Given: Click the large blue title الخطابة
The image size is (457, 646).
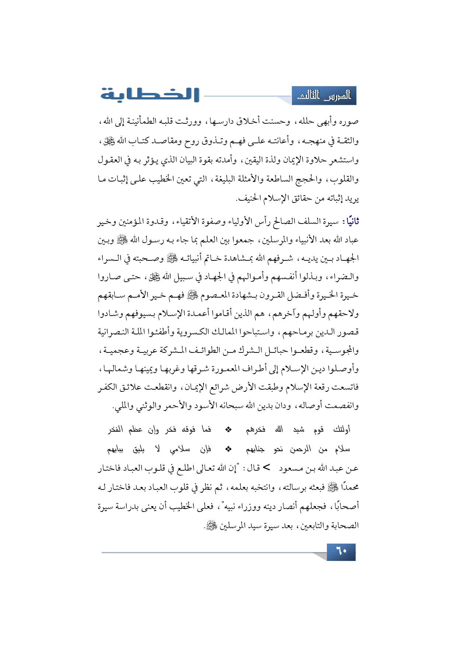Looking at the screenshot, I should tap(150, 95).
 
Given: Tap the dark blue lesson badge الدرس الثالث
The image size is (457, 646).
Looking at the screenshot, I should tap(324, 96).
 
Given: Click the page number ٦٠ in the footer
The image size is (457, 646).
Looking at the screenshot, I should tap(341, 551).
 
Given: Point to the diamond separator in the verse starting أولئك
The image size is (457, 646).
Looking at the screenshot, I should tap(228, 429).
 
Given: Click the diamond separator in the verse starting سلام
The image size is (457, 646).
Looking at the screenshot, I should tap(228, 449).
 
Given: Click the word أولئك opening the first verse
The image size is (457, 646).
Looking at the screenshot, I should tap(342, 429).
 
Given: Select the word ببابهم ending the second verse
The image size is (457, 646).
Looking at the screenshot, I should tap(115, 449).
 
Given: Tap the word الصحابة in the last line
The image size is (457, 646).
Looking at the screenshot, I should tap(344, 526).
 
